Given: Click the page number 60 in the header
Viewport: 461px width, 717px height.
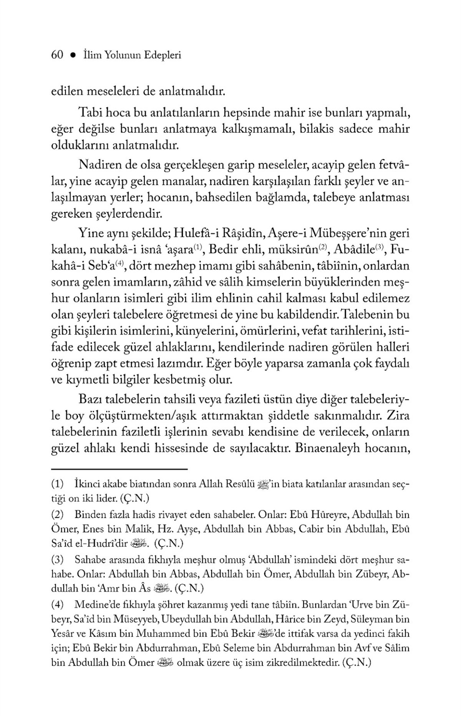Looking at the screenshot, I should point(57,55).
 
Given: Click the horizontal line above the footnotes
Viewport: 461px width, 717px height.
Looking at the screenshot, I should point(119,469).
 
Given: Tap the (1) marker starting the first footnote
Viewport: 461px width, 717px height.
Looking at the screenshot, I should point(57,485).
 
